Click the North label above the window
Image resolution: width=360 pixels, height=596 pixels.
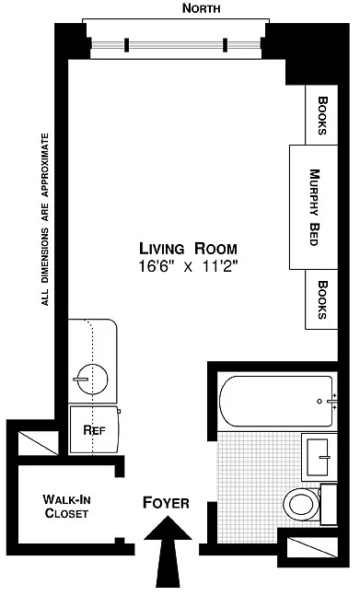coord(202,8)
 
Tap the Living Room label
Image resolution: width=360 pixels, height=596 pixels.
coord(189,249)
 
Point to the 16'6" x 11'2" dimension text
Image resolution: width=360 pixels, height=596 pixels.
coord(189,266)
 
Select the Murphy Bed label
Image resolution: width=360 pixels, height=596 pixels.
coord(314,207)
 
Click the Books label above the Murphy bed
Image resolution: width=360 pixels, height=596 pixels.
coord(322,115)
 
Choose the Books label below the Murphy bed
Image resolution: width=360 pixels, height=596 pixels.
coord(322,299)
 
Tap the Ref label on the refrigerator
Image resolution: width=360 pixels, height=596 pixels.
coord(94,430)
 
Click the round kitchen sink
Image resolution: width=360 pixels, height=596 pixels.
coord(92,379)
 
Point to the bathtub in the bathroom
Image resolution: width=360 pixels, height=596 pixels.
coord(276,402)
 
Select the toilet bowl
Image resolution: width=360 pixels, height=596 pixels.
coord(301,504)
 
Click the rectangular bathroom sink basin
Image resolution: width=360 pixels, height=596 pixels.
coord(318,457)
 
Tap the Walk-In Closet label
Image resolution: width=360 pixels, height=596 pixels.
coord(66,506)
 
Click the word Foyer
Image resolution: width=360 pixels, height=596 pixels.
coord(166,502)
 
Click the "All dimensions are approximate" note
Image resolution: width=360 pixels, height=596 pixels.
coord(45,219)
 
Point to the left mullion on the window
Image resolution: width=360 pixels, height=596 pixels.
coord(127,45)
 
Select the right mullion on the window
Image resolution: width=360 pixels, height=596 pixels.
coord(226,45)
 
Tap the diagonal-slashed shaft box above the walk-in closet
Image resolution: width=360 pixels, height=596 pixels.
coord(39,443)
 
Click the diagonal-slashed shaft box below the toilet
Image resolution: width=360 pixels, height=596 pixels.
coord(312,547)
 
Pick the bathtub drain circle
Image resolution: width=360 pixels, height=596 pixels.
coord(319,402)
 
